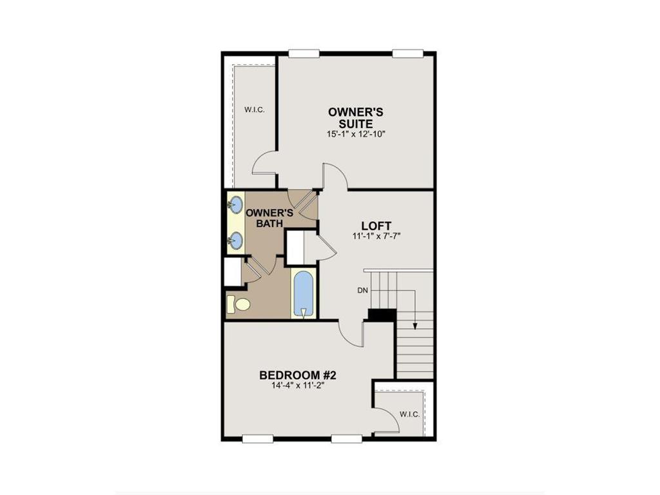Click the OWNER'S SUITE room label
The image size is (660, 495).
[356, 117]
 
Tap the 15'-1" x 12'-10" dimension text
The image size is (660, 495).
[356, 134]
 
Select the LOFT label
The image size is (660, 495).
[376, 226]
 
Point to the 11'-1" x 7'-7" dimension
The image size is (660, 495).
[376, 237]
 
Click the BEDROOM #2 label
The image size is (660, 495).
[298, 375]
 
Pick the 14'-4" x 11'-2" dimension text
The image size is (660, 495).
[298, 387]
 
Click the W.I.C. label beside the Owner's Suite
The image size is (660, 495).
[254, 110]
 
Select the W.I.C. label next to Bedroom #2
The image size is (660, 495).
[409, 414]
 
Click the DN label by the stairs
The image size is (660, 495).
[362, 291]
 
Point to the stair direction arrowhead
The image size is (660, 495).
[415, 325]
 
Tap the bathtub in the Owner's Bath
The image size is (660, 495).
[302, 293]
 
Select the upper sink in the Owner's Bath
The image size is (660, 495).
[235, 205]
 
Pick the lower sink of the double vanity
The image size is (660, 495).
[235, 240]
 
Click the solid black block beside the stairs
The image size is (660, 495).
[381, 315]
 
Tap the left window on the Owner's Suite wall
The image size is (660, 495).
[304, 53]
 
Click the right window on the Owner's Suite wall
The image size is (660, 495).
[408, 53]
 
